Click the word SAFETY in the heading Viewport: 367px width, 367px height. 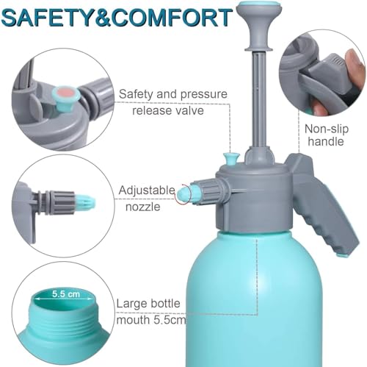(x=50, y=18)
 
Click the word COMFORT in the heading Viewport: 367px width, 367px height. (x=172, y=18)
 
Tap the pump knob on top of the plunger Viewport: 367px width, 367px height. (x=259, y=24)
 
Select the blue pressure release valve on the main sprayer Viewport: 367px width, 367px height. (x=231, y=159)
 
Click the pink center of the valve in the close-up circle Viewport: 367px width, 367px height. (x=65, y=93)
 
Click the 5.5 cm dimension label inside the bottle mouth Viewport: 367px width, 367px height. (x=66, y=293)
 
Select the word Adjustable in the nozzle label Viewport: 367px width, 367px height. (x=147, y=190)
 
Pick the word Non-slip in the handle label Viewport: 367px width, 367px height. (x=327, y=129)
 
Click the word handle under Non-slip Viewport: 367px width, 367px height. (x=326, y=141)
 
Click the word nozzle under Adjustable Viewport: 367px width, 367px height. (x=143, y=207)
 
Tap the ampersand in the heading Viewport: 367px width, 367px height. (x=106, y=18)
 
